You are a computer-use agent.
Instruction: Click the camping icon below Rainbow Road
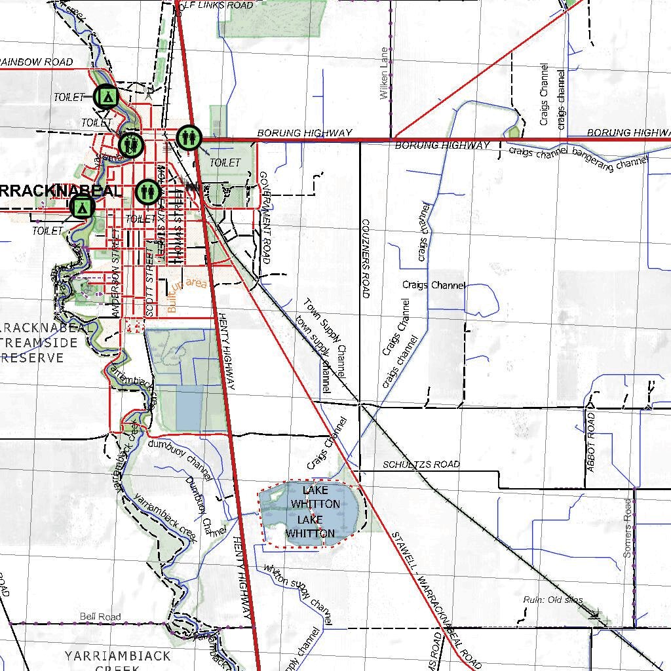[x=105, y=97]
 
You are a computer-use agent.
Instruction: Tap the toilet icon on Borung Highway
[x=188, y=138]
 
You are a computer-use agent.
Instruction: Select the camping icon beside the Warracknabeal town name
[x=82, y=207]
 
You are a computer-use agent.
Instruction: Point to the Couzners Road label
[x=366, y=258]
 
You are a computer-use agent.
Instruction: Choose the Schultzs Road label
[x=421, y=465]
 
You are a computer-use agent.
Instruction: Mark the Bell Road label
[x=100, y=617]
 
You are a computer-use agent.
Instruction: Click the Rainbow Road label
[x=37, y=62]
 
